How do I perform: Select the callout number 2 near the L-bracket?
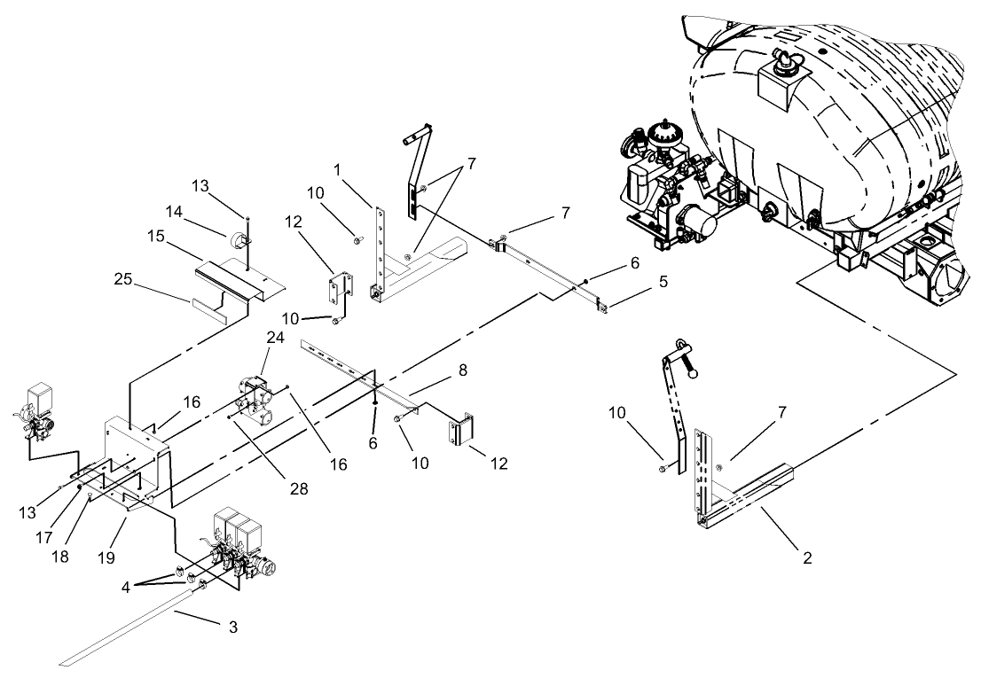[x=806, y=559]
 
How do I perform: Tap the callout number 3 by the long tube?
[x=232, y=627]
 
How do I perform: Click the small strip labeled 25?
[x=209, y=308]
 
